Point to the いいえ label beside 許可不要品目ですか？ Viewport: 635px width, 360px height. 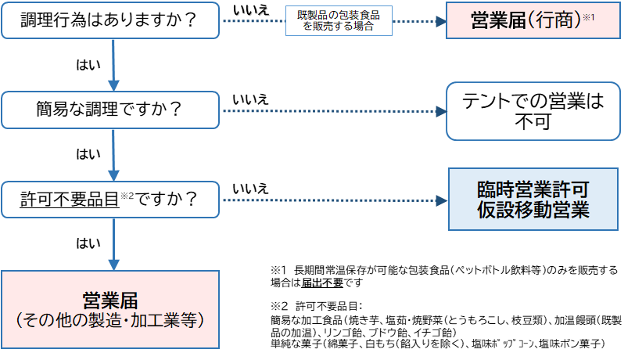click(x=250, y=189)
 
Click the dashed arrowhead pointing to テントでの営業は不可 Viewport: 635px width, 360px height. click(x=440, y=111)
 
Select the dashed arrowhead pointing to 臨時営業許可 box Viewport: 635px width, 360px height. click(x=443, y=201)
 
